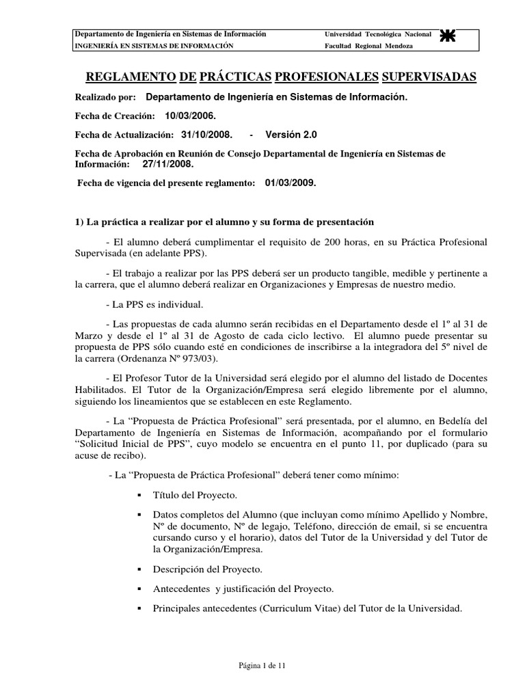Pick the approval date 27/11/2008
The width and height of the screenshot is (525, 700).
pos(168,164)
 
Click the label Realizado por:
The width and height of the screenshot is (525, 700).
pos(105,97)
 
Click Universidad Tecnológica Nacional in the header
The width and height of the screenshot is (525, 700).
pos(377,34)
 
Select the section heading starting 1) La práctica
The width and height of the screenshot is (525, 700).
pos(225,222)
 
